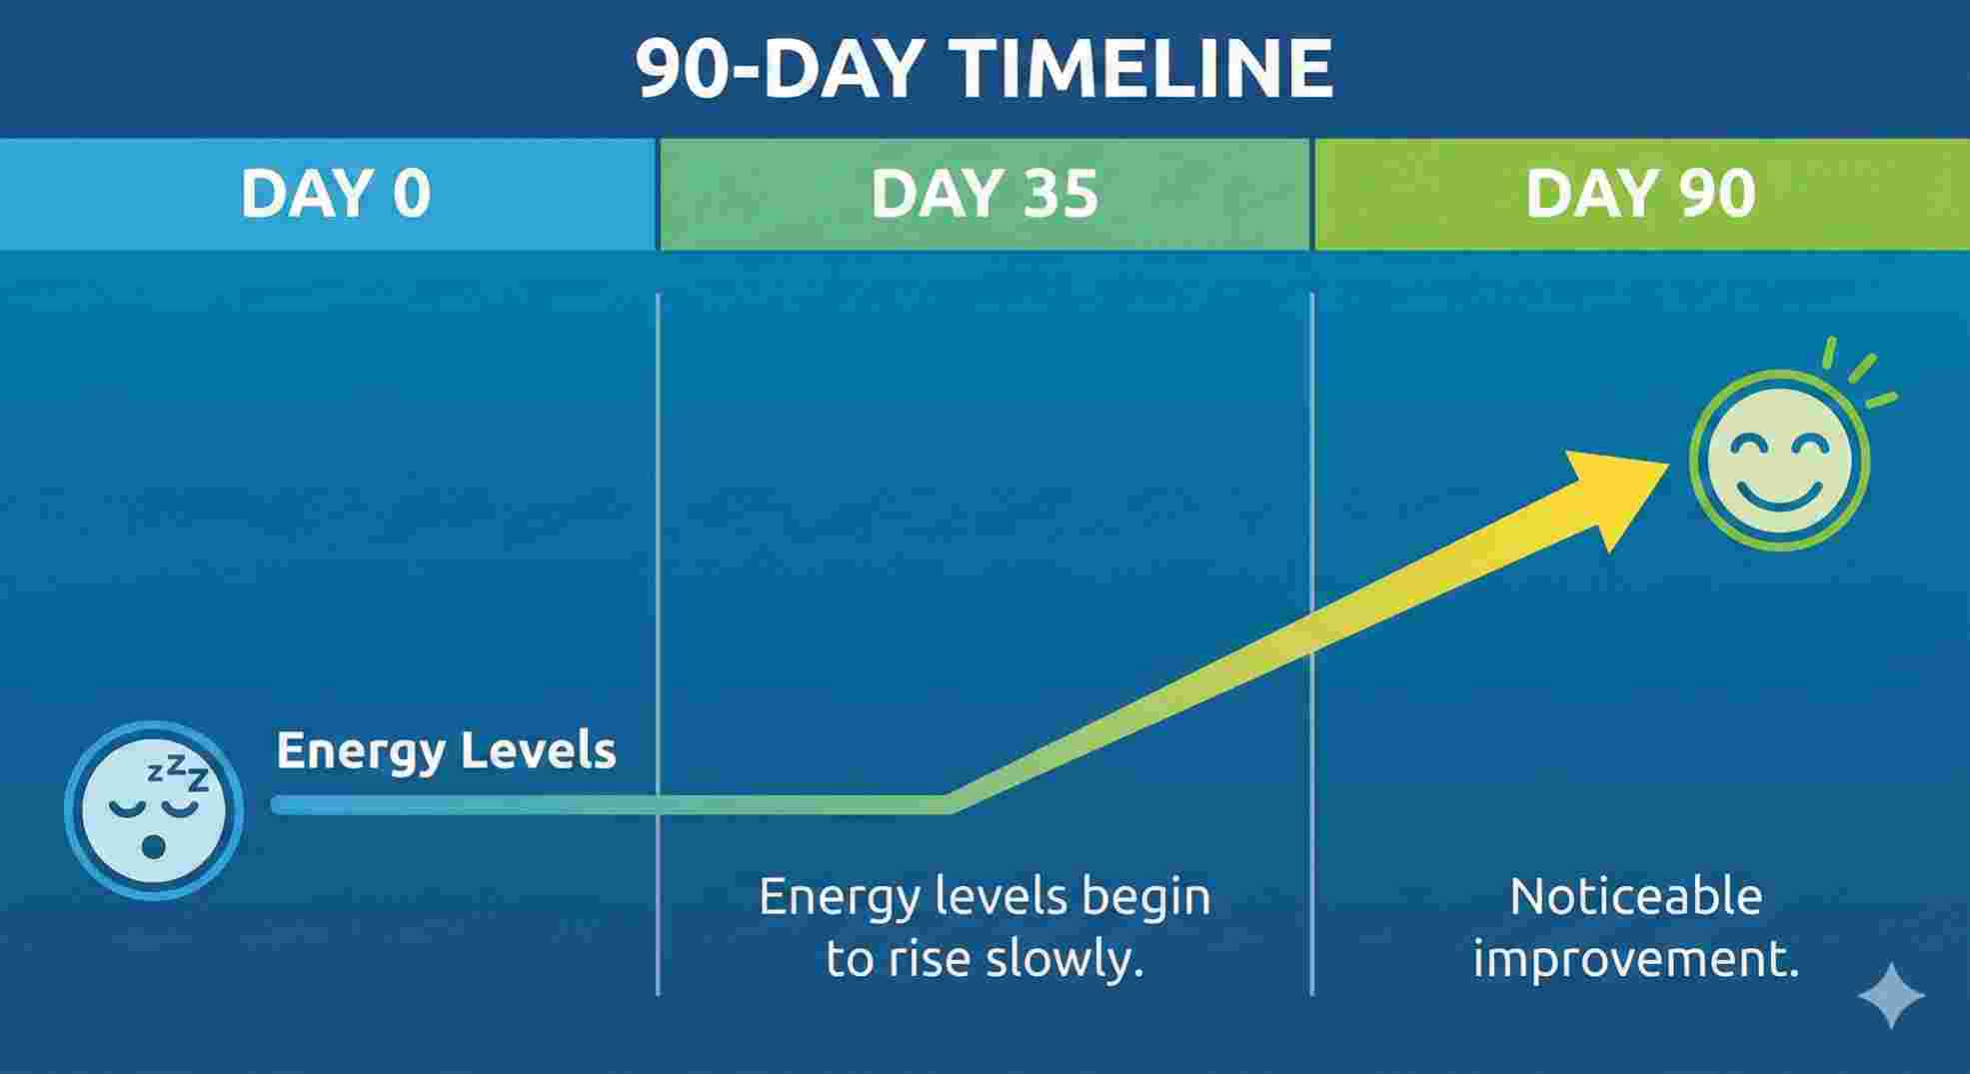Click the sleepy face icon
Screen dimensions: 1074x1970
pos(153,810)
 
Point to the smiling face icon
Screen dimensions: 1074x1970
pos(1779,460)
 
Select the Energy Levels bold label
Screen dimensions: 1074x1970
pos(446,750)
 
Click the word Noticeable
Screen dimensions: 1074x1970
pos(1635,896)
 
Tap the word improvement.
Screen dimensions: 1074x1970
pos(1635,959)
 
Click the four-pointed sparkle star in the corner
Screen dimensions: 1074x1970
pos(1891,995)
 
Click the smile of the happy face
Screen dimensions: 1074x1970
pos(1779,494)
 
